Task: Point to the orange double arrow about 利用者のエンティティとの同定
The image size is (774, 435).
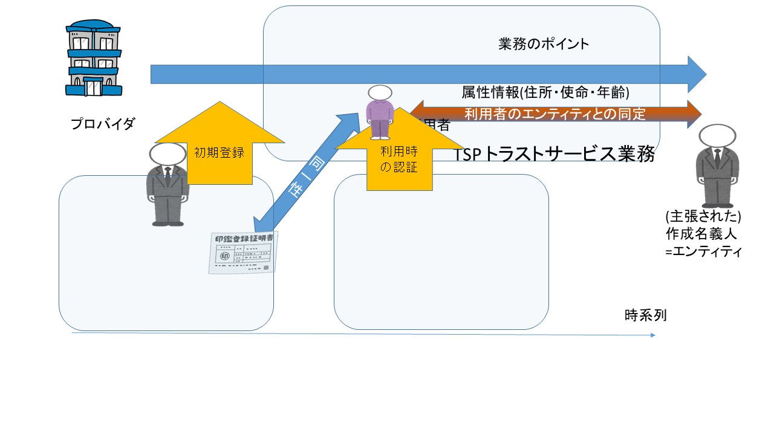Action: [x=555, y=113]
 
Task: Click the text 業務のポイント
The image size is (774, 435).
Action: [x=544, y=44]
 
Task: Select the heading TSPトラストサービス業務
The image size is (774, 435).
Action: [x=554, y=155]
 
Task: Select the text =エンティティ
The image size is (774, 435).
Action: [x=703, y=253]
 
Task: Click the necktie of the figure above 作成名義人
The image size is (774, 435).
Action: [x=717, y=158]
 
